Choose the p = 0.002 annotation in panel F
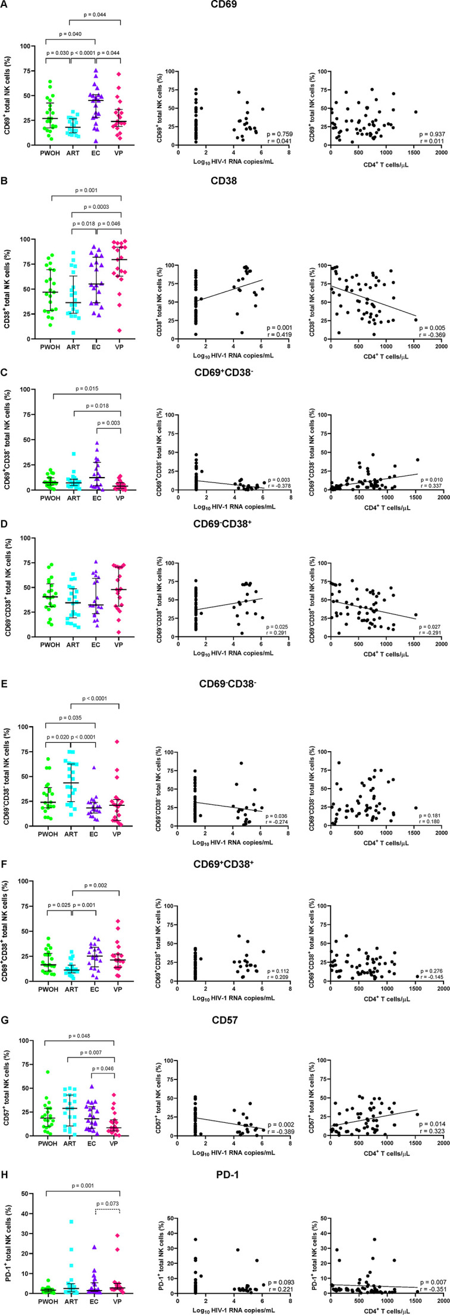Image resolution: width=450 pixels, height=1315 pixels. [96, 886]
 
